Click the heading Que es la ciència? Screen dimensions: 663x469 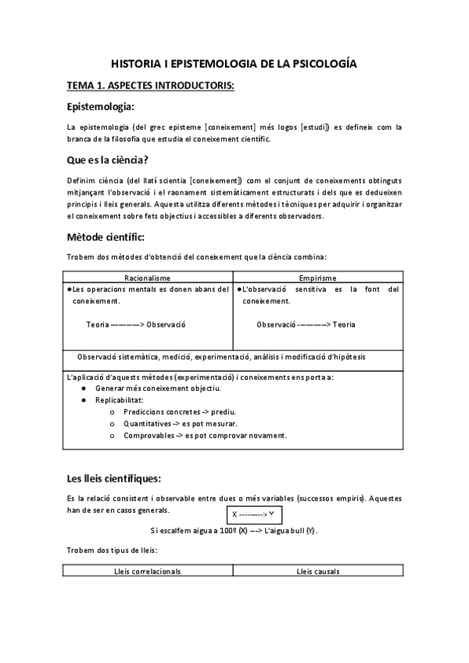[x=107, y=161]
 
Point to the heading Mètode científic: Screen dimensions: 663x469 [x=105, y=236]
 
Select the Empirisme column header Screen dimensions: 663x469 [x=317, y=278]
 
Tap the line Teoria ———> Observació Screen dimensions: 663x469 [x=136, y=324]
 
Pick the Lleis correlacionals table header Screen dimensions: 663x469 [x=148, y=572]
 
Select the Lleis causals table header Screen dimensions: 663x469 [x=317, y=572]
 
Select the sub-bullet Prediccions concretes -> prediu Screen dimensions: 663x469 [x=180, y=412]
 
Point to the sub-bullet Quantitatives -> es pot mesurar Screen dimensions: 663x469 [x=180, y=424]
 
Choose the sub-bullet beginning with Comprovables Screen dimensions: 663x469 [x=205, y=435]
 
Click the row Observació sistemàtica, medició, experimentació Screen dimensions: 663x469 [x=221, y=357]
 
